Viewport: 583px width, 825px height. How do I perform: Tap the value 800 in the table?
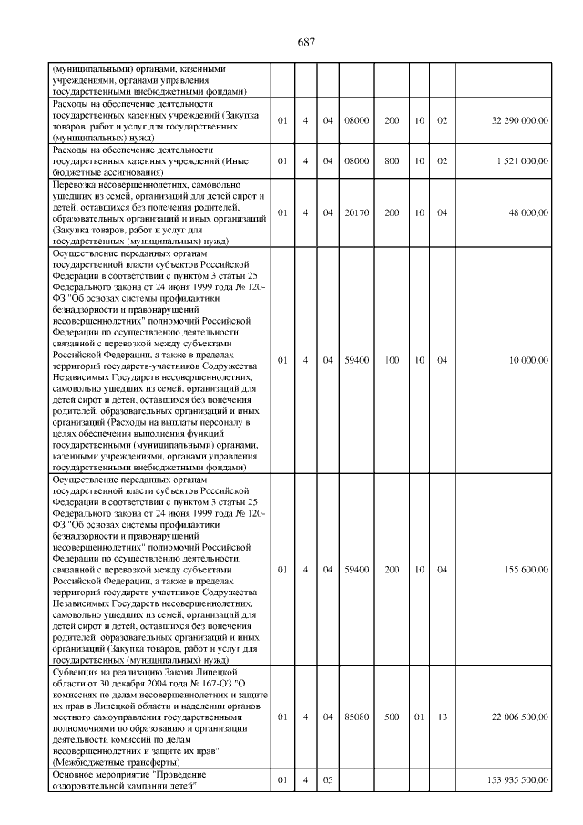392,160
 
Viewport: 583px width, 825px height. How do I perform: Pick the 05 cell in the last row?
327,780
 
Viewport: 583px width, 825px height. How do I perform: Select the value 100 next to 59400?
392,359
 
